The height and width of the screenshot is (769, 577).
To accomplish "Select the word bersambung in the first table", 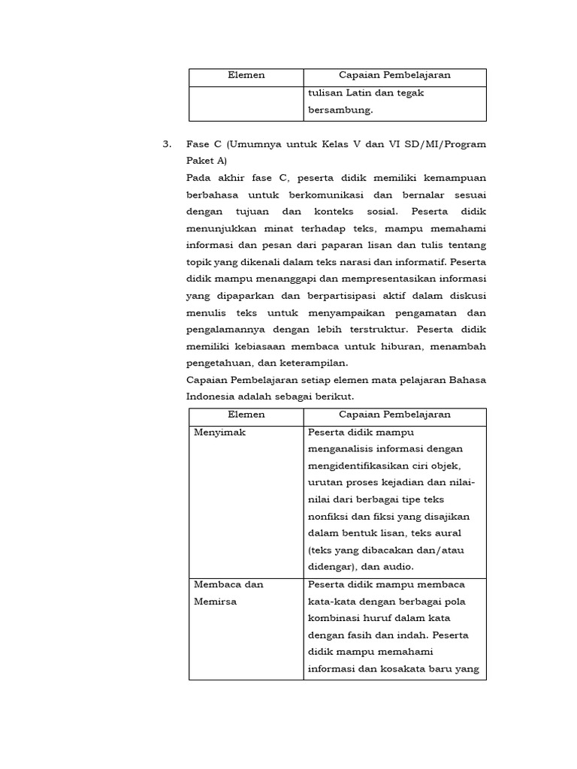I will [340, 110].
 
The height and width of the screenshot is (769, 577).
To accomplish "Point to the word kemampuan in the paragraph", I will [453, 178].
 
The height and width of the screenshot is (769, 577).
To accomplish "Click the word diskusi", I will [467, 296].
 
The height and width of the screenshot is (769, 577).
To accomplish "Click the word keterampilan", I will [315, 363].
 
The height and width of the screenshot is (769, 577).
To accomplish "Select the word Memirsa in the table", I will [215, 602].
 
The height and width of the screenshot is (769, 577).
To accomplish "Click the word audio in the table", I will [397, 567].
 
